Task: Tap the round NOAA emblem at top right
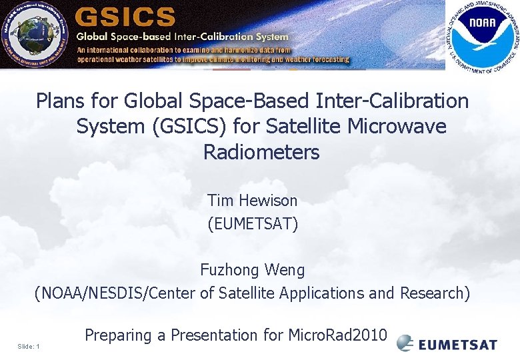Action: (481, 35)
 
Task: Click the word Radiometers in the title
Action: (261, 152)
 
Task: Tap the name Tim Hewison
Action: (252, 200)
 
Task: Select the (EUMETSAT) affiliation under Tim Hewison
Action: (253, 223)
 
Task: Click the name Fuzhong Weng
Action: (252, 270)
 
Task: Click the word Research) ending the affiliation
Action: (435, 293)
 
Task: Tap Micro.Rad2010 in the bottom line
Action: (337, 335)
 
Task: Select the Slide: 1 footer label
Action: (29, 346)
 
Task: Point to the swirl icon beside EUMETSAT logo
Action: (405, 343)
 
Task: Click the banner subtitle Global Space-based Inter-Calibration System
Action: (183, 37)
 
